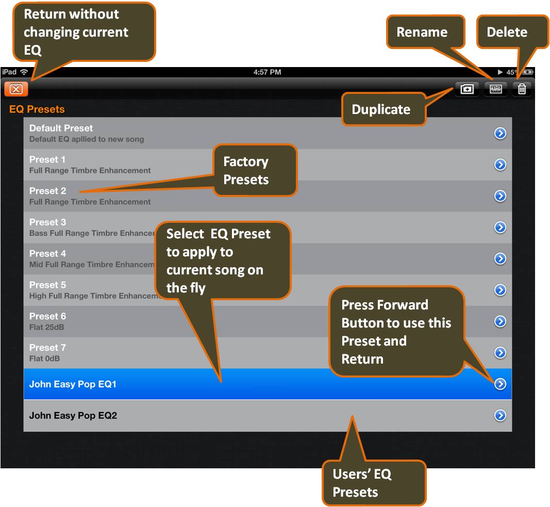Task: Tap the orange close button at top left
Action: pos(16,89)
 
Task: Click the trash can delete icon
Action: pos(522,89)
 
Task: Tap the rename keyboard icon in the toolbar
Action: pos(495,89)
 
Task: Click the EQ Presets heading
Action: pos(37,109)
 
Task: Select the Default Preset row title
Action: pos(61,128)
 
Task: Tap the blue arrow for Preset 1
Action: pos(500,165)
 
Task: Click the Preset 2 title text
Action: pos(47,191)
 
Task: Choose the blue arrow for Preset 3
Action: pos(500,227)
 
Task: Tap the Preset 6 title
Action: pos(47,316)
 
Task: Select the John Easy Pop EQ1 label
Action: pos(73,384)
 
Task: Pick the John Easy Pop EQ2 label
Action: pos(73,416)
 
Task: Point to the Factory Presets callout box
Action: pos(255,170)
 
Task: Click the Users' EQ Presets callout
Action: pos(374,483)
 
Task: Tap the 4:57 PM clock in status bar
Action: pos(267,72)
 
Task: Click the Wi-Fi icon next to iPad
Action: pos(24,72)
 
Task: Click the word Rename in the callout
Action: pos(422,32)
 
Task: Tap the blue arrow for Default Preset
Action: pos(500,134)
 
